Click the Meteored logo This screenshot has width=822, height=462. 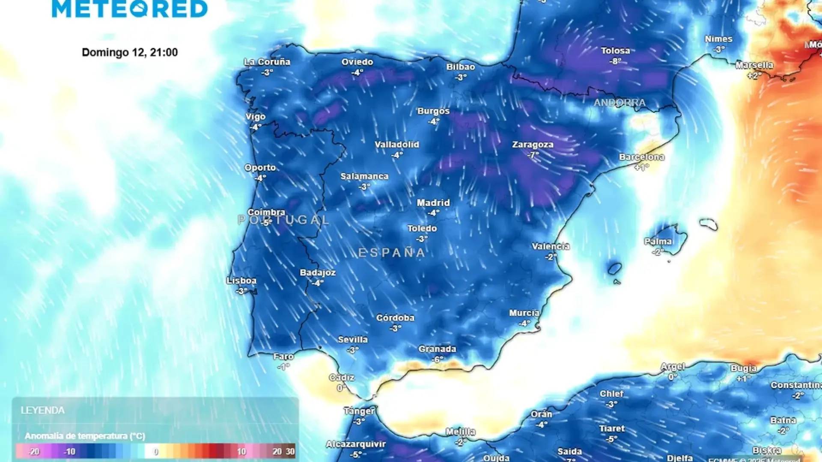(x=130, y=9)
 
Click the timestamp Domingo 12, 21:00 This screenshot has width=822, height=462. (x=130, y=52)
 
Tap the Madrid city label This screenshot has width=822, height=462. (x=433, y=203)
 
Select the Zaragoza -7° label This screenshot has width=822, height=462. (x=533, y=149)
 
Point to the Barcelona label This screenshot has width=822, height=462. (x=641, y=157)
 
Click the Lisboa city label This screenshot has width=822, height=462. (x=241, y=281)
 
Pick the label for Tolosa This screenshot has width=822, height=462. (x=615, y=51)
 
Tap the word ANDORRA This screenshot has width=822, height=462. (x=619, y=103)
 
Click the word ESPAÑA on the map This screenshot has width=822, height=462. (x=392, y=253)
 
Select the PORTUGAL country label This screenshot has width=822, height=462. (x=283, y=220)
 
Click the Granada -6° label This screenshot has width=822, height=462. (x=437, y=353)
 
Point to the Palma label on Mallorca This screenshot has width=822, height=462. (x=658, y=242)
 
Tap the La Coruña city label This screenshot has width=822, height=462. (x=267, y=62)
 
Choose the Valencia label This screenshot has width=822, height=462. (x=551, y=247)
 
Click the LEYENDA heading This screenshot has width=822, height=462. (x=43, y=410)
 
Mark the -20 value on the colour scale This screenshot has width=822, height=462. (x=34, y=452)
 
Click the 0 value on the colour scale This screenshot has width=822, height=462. (x=156, y=452)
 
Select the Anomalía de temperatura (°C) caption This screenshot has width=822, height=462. (x=85, y=436)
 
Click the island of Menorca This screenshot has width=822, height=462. (x=709, y=224)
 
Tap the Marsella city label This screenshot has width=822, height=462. (x=754, y=65)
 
